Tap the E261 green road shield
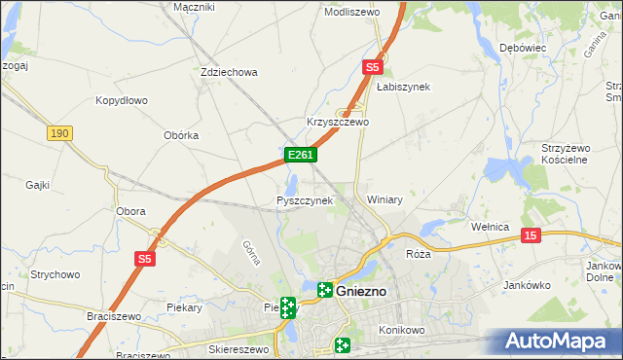(x=299, y=155)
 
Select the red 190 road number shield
(x=59, y=133)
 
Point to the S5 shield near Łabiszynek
(x=373, y=67)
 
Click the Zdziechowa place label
(x=228, y=72)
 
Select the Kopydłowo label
(x=121, y=100)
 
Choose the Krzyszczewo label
(x=338, y=123)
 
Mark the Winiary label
(x=385, y=199)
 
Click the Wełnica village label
(x=490, y=227)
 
